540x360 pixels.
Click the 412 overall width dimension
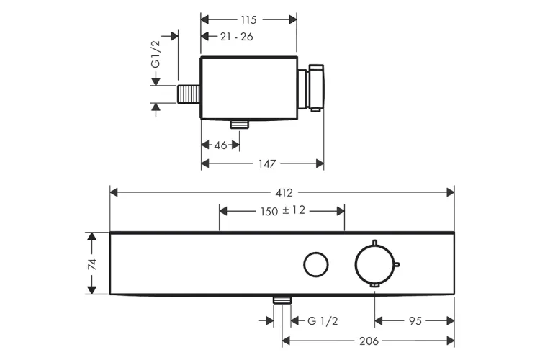(283, 192)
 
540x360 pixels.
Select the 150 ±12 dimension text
(282, 211)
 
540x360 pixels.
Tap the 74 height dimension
(91, 264)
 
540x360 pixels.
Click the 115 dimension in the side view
(248, 19)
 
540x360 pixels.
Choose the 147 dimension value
(266, 164)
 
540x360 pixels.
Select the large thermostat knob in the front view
(375, 264)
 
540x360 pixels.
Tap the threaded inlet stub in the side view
(189, 95)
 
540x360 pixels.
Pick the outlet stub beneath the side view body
(239, 125)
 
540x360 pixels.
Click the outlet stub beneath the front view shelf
(282, 299)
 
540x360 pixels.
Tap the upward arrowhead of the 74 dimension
(91, 237)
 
